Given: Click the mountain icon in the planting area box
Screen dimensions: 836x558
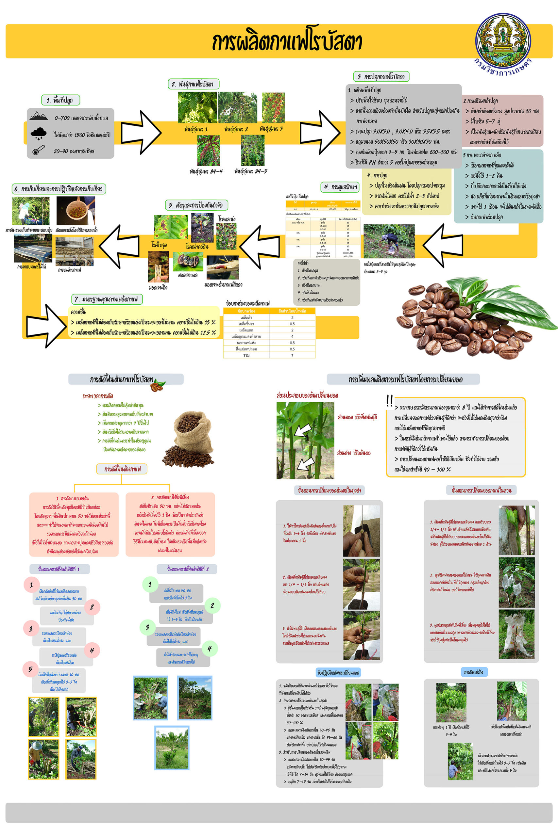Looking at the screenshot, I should click(x=39, y=116).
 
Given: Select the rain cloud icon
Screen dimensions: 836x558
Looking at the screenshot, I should click(x=39, y=133).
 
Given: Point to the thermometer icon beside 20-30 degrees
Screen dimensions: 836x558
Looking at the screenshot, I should click(x=38, y=150).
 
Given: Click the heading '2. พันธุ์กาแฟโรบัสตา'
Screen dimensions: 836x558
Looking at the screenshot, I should click(x=193, y=84).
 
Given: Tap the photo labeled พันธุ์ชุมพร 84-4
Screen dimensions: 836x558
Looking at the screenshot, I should click(x=209, y=150).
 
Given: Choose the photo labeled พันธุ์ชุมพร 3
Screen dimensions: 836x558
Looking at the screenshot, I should click(x=273, y=107).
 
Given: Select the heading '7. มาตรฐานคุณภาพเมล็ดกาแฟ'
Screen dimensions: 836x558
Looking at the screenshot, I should click(x=107, y=299).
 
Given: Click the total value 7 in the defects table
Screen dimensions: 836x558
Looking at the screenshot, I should click(x=292, y=355).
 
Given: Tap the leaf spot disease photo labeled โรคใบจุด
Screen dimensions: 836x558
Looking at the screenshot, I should click(x=171, y=227).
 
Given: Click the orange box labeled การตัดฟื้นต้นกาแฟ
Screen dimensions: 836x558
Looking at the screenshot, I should click(x=122, y=469).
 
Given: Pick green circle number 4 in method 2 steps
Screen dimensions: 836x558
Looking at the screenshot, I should click(x=210, y=648).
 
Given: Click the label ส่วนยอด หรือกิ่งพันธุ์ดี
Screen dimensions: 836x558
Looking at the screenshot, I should click(x=357, y=417).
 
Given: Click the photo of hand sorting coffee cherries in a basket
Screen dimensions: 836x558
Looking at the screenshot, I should click(x=76, y=210).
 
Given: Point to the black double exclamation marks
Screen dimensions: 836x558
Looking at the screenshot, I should click(x=390, y=401).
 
